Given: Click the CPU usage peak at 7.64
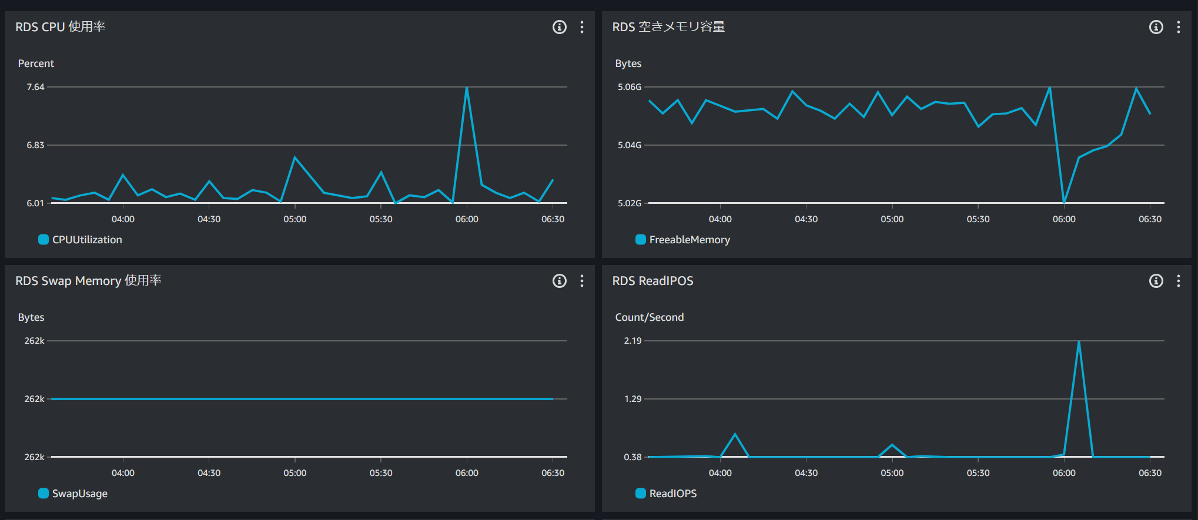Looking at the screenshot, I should pos(467,88).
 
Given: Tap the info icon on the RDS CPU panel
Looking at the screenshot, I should pos(559,27).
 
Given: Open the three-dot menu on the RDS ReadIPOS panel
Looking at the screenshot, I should pos(1179,281).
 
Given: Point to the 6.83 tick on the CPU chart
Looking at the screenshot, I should pos(35,145).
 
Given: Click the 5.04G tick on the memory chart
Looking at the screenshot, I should pos(629,145).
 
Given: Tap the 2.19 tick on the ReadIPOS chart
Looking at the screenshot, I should pos(633,341).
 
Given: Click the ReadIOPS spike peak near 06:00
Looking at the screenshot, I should pos(1079,341).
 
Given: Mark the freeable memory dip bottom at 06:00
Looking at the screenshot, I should pos(1064,202).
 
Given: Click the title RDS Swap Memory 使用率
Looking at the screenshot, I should pos(88,281).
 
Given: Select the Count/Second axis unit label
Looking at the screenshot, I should pos(649,317).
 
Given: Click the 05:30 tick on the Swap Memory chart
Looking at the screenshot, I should pos(381,473).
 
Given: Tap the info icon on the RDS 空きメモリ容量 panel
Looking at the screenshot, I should pos(1156,27).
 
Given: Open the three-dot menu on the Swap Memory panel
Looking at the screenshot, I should pos(582,281).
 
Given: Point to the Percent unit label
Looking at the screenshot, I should pos(36,63).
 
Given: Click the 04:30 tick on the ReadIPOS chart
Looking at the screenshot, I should pos(806,473).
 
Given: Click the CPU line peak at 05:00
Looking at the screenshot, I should pos(295,157).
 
